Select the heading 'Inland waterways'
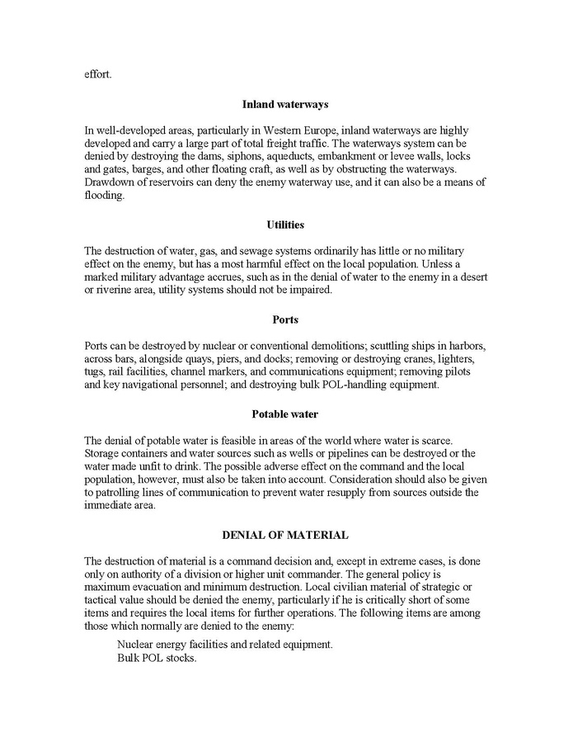tap(286, 104)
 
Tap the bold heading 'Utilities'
tap(286, 224)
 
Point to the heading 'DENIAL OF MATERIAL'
tap(285, 535)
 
